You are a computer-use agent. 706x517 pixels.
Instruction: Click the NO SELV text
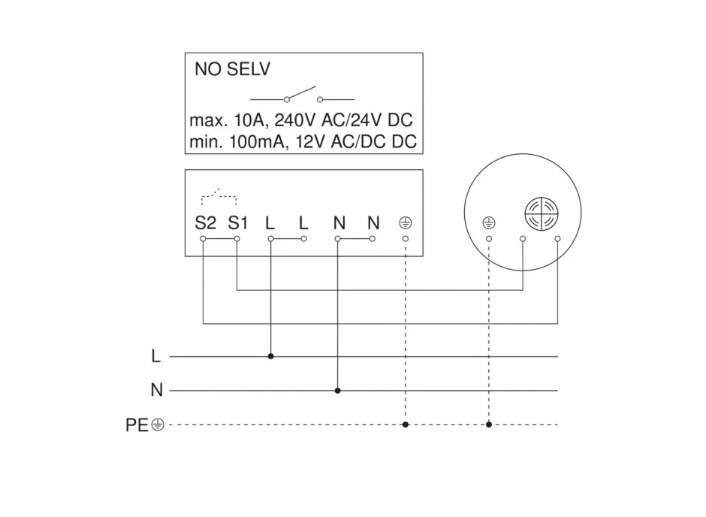click(x=232, y=69)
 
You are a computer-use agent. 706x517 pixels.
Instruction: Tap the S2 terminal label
click(x=205, y=223)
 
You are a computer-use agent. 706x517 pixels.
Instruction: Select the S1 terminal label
click(x=238, y=223)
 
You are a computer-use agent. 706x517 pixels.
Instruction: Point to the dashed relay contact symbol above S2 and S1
click(x=219, y=196)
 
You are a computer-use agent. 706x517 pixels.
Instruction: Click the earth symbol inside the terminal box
click(x=406, y=222)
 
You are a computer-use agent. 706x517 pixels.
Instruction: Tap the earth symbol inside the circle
click(x=489, y=222)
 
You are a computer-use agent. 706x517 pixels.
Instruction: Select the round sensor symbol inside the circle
click(x=542, y=213)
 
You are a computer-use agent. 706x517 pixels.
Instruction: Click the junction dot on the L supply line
click(x=270, y=356)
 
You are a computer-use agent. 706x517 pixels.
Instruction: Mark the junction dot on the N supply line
click(x=338, y=391)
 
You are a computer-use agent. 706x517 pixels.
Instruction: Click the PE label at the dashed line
click(x=137, y=425)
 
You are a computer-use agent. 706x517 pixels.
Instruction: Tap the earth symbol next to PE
click(x=158, y=425)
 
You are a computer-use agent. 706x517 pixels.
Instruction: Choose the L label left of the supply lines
click(x=155, y=356)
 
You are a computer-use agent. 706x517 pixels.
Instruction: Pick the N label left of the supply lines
click(x=157, y=390)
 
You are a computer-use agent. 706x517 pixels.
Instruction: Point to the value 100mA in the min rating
click(x=257, y=142)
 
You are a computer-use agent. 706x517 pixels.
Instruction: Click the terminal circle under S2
click(x=203, y=239)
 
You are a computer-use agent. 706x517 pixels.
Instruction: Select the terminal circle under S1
click(x=237, y=239)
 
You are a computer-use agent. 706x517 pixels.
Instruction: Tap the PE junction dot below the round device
click(x=489, y=425)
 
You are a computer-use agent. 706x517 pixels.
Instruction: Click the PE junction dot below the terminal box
click(x=406, y=425)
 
